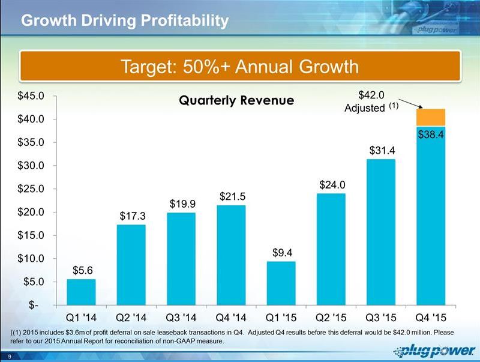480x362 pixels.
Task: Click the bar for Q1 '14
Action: [81, 292]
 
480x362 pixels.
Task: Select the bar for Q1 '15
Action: [281, 283]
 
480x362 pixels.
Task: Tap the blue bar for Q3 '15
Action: [381, 231]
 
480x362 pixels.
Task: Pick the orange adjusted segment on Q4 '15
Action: [431, 117]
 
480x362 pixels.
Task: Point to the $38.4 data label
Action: [431, 135]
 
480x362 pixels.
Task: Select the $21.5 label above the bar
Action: [231, 196]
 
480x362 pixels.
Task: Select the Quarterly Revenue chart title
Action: [236, 100]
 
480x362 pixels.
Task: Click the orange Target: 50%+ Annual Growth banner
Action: [240, 66]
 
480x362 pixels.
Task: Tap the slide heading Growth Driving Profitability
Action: [125, 21]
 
